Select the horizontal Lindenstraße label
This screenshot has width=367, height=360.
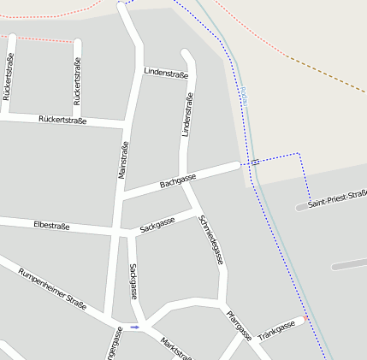pyautogui.click(x=166, y=74)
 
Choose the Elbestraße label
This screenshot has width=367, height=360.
pyautogui.click(x=50, y=227)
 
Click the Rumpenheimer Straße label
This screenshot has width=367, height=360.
pyautogui.click(x=52, y=290)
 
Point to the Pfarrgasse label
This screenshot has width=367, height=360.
pyautogui.click(x=239, y=324)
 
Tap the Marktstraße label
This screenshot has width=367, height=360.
pyautogui.click(x=175, y=347)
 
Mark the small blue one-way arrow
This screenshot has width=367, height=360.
pyautogui.click(x=134, y=327)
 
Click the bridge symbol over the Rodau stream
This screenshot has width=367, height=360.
pyautogui.click(x=255, y=161)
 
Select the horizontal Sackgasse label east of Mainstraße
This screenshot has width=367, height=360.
pyautogui.click(x=157, y=224)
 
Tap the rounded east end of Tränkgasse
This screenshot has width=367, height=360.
pyautogui.click(x=300, y=322)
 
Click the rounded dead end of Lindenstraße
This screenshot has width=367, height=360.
pyautogui.click(x=186, y=54)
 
